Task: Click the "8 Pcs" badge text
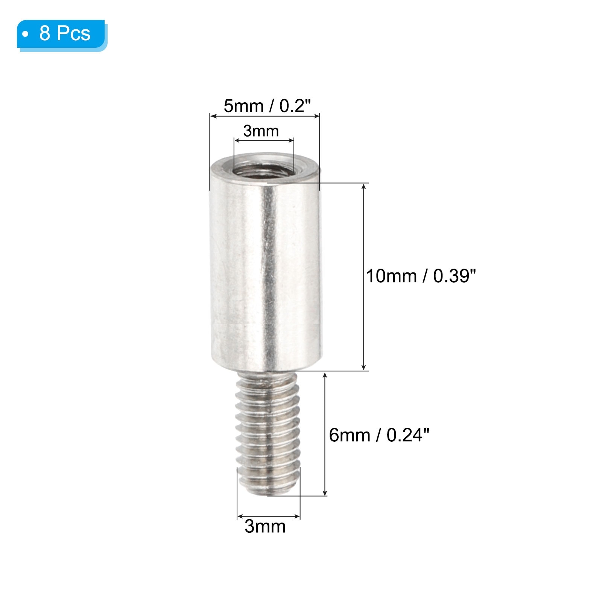click(x=65, y=33)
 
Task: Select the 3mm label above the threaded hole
click(x=261, y=131)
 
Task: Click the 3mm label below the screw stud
click(x=265, y=526)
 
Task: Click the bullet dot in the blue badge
click(x=25, y=34)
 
